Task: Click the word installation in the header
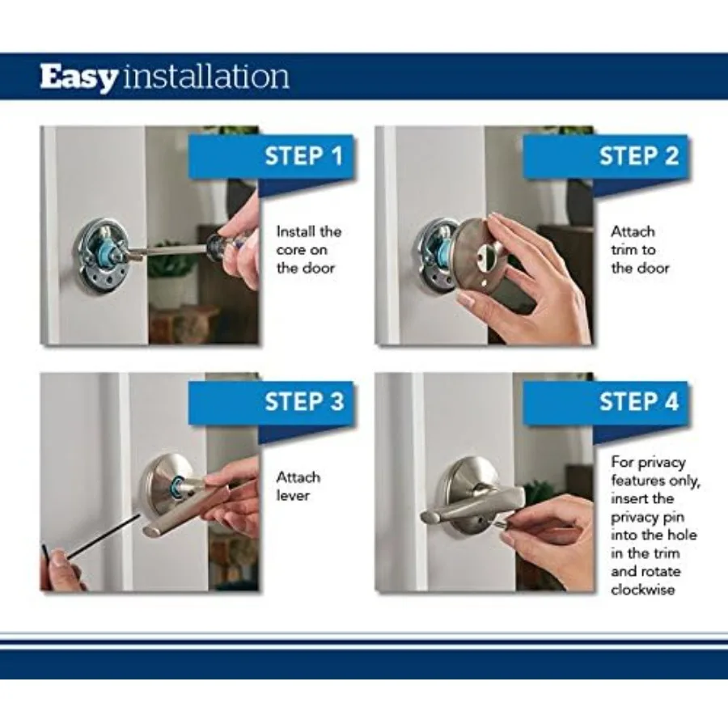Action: pos(205,77)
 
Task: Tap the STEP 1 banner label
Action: pos(303,156)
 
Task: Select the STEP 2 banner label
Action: pos(639,156)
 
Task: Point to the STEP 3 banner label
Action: pos(304,401)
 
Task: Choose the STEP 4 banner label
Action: pos(639,401)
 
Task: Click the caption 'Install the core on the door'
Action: pos(309,250)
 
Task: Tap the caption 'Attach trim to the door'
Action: pos(640,250)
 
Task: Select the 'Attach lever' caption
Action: pos(298,486)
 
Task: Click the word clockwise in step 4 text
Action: pos(642,590)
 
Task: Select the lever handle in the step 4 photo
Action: pos(473,505)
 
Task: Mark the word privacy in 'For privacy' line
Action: pos(662,463)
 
